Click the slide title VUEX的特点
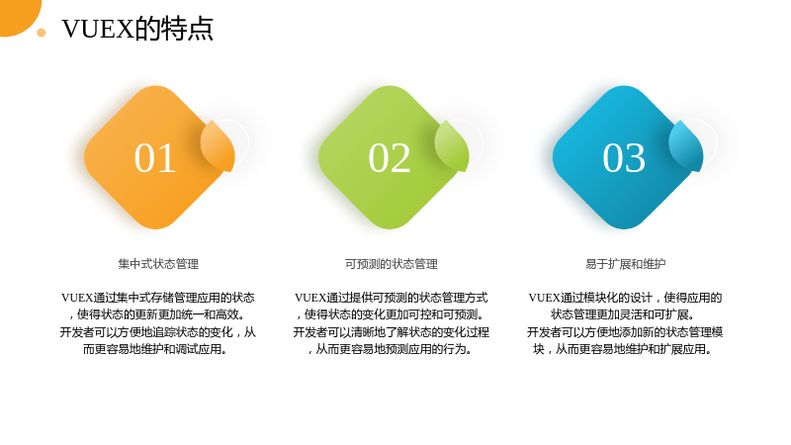tap(137, 29)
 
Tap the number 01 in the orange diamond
tap(155, 158)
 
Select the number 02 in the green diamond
tap(390, 158)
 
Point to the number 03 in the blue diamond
tap(624, 158)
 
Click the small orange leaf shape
tap(218, 145)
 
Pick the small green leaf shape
tap(452, 145)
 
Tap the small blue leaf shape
tap(686, 145)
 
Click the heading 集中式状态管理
tap(158, 264)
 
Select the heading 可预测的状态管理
tap(392, 264)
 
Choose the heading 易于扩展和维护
tap(626, 264)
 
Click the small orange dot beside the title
tap(42, 33)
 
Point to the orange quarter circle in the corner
tap(18, 15)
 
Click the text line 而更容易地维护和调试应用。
tap(155, 349)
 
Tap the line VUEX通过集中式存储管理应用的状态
tap(158, 298)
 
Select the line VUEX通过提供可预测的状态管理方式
tap(392, 298)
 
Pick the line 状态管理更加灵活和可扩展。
tap(623, 314)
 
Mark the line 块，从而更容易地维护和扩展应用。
tap(623, 349)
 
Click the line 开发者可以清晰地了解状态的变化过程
tap(392, 332)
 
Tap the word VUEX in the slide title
tap(97, 29)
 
